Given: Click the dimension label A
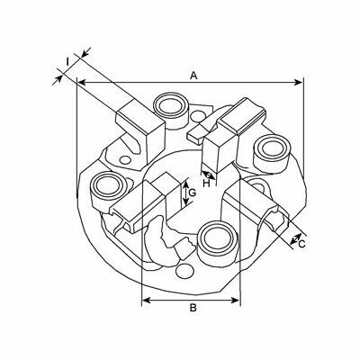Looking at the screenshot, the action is click(x=193, y=76).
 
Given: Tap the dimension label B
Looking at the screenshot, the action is click(x=193, y=308).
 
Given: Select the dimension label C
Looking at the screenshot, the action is click(x=301, y=244).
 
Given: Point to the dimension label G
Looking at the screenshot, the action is click(x=193, y=193).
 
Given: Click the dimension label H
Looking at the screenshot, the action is click(x=206, y=184).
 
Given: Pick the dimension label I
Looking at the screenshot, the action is click(x=67, y=62).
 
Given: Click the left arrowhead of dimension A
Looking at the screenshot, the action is click(x=82, y=82).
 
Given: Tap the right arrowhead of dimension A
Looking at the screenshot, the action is click(x=299, y=82).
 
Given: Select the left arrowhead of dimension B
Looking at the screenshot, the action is click(x=146, y=300).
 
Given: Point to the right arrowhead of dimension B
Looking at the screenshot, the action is click(x=236, y=300).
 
